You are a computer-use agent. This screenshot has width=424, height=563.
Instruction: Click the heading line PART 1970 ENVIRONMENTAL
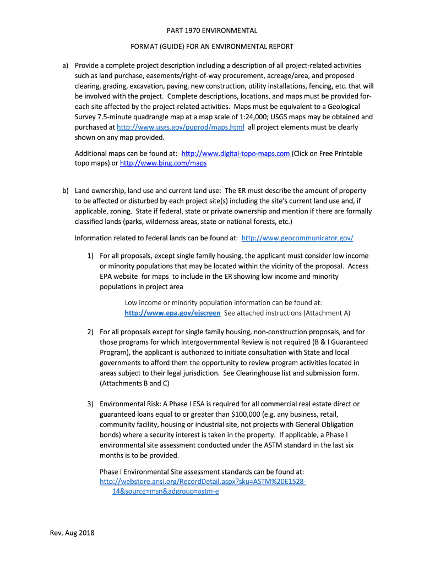point(212,31)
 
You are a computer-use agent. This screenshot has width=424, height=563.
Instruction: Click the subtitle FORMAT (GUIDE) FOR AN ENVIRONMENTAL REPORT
point(212,47)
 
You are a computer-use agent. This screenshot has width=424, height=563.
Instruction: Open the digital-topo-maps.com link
point(236,153)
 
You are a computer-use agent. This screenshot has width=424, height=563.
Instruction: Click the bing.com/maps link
point(163,163)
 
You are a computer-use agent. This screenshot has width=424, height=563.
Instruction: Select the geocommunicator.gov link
point(297,238)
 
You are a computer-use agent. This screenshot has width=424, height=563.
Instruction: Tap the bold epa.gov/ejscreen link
point(172,313)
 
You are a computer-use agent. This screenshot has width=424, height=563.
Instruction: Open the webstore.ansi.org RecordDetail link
point(203,481)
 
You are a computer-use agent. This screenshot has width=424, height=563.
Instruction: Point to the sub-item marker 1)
point(90,256)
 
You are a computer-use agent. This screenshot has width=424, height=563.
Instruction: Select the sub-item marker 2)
point(90,332)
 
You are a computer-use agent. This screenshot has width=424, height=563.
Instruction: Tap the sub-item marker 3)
point(90,404)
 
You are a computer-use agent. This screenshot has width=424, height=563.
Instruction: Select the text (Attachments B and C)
point(134,383)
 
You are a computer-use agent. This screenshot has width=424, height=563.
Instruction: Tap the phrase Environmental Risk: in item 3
point(127,404)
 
